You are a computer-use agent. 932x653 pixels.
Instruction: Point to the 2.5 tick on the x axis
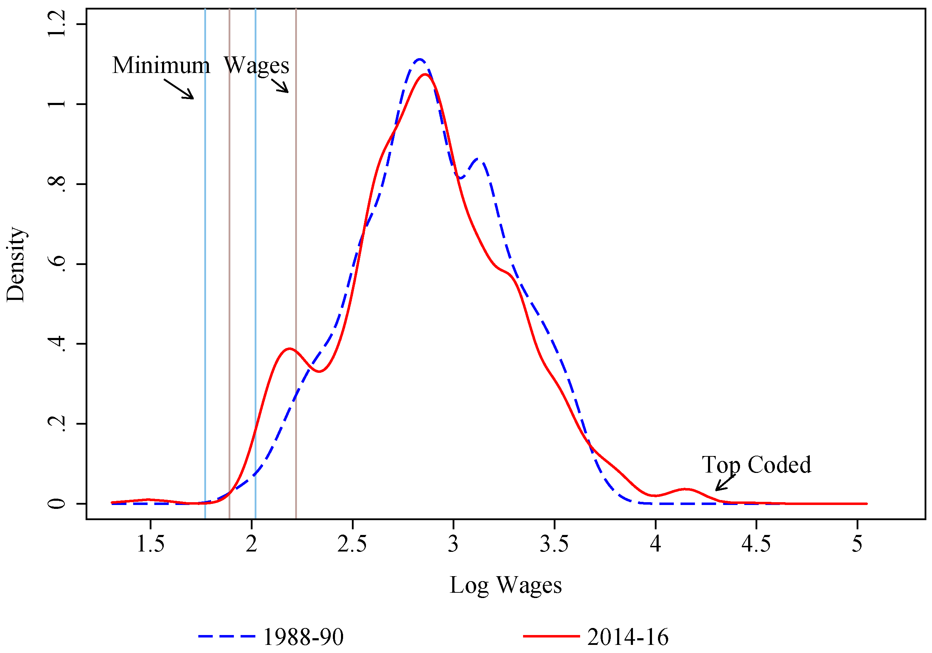[352, 544]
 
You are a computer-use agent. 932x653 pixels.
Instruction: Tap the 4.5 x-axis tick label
[756, 544]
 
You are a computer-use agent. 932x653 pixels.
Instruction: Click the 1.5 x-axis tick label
[151, 544]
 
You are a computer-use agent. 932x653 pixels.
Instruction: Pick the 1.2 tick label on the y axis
[57, 24]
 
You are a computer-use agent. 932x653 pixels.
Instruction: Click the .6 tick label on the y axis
[57, 264]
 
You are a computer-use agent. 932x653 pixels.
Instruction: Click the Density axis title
[16, 264]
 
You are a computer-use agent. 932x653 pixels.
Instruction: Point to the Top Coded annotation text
[756, 464]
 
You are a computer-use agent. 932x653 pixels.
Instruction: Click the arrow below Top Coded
[725, 483]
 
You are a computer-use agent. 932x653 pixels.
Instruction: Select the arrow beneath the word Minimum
[179, 89]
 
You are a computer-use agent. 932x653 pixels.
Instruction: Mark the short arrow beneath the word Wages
[280, 86]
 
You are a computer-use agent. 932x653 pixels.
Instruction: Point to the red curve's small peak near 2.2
[288, 349]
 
